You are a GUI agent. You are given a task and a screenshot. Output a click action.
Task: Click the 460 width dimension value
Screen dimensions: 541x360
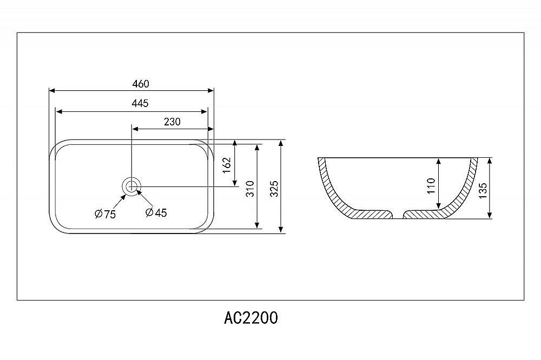tap(141, 84)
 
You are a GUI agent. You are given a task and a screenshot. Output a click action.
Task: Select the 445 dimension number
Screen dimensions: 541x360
tap(140, 103)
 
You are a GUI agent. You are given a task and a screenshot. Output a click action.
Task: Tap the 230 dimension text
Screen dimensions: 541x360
tap(172, 122)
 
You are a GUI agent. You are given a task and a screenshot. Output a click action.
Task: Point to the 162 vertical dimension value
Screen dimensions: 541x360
tap(226, 165)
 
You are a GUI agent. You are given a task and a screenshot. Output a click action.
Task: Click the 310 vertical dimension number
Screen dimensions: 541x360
tap(250, 189)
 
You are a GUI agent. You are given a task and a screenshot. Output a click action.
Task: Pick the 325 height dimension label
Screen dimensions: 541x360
tap(274, 189)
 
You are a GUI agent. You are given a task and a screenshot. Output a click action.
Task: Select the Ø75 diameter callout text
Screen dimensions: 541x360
tap(105, 214)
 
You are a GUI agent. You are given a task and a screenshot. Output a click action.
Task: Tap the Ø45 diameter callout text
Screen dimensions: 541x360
tap(156, 212)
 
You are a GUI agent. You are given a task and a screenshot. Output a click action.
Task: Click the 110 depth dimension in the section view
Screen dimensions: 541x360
tap(431, 186)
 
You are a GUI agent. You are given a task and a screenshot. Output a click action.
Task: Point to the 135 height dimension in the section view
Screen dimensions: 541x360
tap(483, 190)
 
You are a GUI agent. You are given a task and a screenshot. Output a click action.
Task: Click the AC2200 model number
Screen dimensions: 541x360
tap(251, 318)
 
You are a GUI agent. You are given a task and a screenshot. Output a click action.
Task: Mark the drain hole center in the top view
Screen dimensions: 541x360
tap(131, 186)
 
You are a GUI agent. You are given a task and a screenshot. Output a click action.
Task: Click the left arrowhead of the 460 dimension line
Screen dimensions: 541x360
tap(52, 91)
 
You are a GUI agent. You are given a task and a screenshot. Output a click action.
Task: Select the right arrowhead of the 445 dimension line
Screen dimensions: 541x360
tap(204, 112)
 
